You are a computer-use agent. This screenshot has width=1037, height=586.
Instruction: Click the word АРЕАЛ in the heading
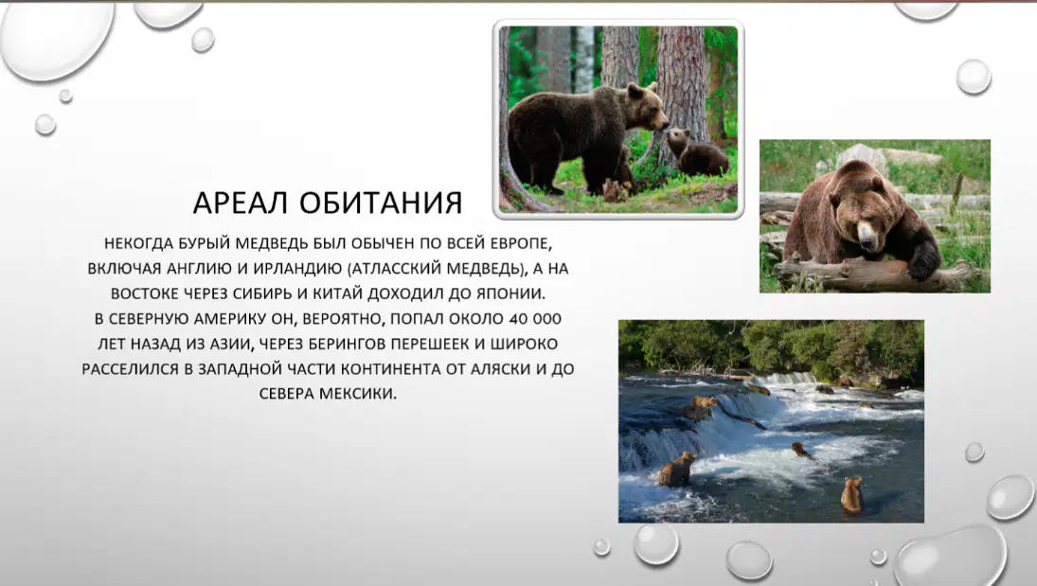point(240,203)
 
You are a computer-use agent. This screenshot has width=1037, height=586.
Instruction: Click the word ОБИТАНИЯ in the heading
point(381,203)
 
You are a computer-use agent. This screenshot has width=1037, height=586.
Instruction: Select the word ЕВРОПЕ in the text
point(521,243)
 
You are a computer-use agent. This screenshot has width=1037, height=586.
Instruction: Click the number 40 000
point(535,319)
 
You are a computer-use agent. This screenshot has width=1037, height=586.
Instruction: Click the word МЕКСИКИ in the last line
point(358,394)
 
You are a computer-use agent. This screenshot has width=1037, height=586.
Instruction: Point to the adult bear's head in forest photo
point(647,105)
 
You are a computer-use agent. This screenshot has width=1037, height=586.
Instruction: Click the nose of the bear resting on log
point(867,233)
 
